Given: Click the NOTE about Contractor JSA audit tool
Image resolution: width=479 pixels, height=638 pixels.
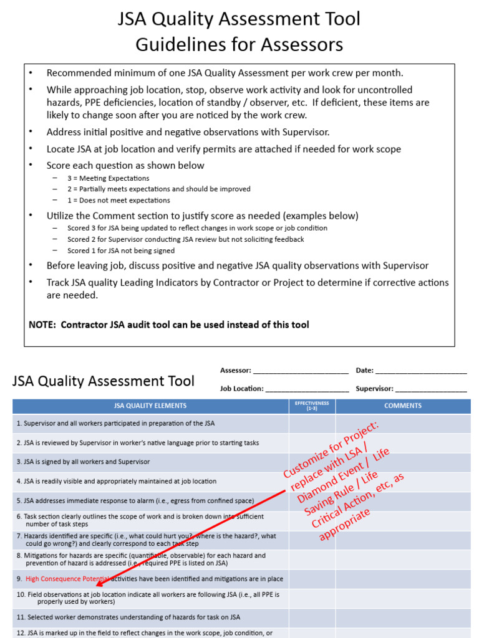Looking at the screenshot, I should pos(168,325).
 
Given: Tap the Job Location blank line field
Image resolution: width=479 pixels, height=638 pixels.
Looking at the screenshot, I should pos(307,389).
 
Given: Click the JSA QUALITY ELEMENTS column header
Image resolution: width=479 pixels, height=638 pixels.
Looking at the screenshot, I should pos(150,406).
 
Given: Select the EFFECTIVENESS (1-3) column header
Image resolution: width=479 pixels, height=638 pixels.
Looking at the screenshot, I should pos(312,406).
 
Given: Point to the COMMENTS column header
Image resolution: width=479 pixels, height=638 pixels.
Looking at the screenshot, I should pos(403,406).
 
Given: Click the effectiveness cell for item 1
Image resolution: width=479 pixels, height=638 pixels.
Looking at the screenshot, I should pos(312,424).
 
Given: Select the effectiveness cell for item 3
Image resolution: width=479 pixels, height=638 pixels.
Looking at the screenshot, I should pos(312,462).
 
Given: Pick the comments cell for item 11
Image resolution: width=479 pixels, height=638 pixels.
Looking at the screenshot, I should pos(403,617).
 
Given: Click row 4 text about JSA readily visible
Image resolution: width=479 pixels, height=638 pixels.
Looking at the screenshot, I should pos(116,482).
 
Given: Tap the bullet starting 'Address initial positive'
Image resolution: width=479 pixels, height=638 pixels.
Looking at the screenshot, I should pos(187,132).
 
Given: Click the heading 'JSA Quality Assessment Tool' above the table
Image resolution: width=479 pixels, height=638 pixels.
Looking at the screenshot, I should pos(104,381).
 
